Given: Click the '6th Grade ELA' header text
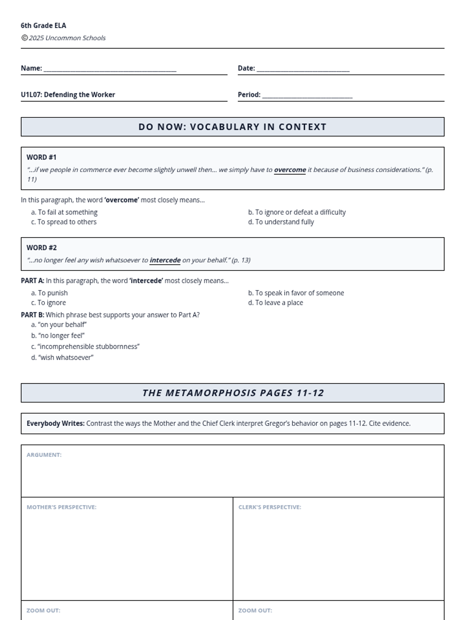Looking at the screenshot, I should [x=43, y=26].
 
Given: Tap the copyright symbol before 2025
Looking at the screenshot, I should [x=24, y=38].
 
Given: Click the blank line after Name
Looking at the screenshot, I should [x=110, y=70].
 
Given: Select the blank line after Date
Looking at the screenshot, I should [x=303, y=70].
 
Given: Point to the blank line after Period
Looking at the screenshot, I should [x=307, y=96].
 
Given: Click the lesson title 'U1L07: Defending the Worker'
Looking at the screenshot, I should [x=68, y=95].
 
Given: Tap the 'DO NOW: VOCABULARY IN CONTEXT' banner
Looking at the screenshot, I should [x=232, y=127].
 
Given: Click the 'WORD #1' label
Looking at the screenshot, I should [x=41, y=157].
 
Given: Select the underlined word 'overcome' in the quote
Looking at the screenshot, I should [x=290, y=170].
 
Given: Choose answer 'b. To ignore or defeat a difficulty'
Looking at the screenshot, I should [x=297, y=212].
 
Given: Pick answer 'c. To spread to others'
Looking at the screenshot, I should [x=64, y=222].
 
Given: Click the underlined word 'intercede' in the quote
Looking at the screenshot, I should [x=165, y=260].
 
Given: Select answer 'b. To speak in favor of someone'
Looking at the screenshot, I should [x=296, y=293].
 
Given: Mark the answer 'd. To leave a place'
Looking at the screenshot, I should [x=276, y=303].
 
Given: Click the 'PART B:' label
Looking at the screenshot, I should [x=33, y=315].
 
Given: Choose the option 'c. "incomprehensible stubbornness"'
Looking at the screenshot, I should [x=85, y=346].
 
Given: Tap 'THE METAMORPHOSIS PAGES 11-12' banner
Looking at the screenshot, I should [x=232, y=393].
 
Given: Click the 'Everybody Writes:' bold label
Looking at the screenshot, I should [x=55, y=424].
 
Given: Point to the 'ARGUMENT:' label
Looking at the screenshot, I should [x=44, y=455].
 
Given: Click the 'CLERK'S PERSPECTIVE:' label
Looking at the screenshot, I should [x=270, y=507].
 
